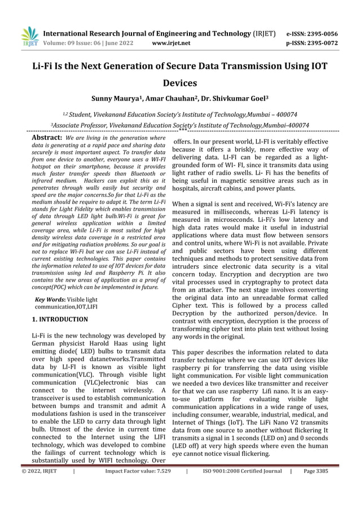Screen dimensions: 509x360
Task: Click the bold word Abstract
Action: click(x=46, y=137)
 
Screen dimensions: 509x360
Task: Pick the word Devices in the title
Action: click(x=179, y=83)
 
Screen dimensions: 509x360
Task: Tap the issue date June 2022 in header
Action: click(x=118, y=42)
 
